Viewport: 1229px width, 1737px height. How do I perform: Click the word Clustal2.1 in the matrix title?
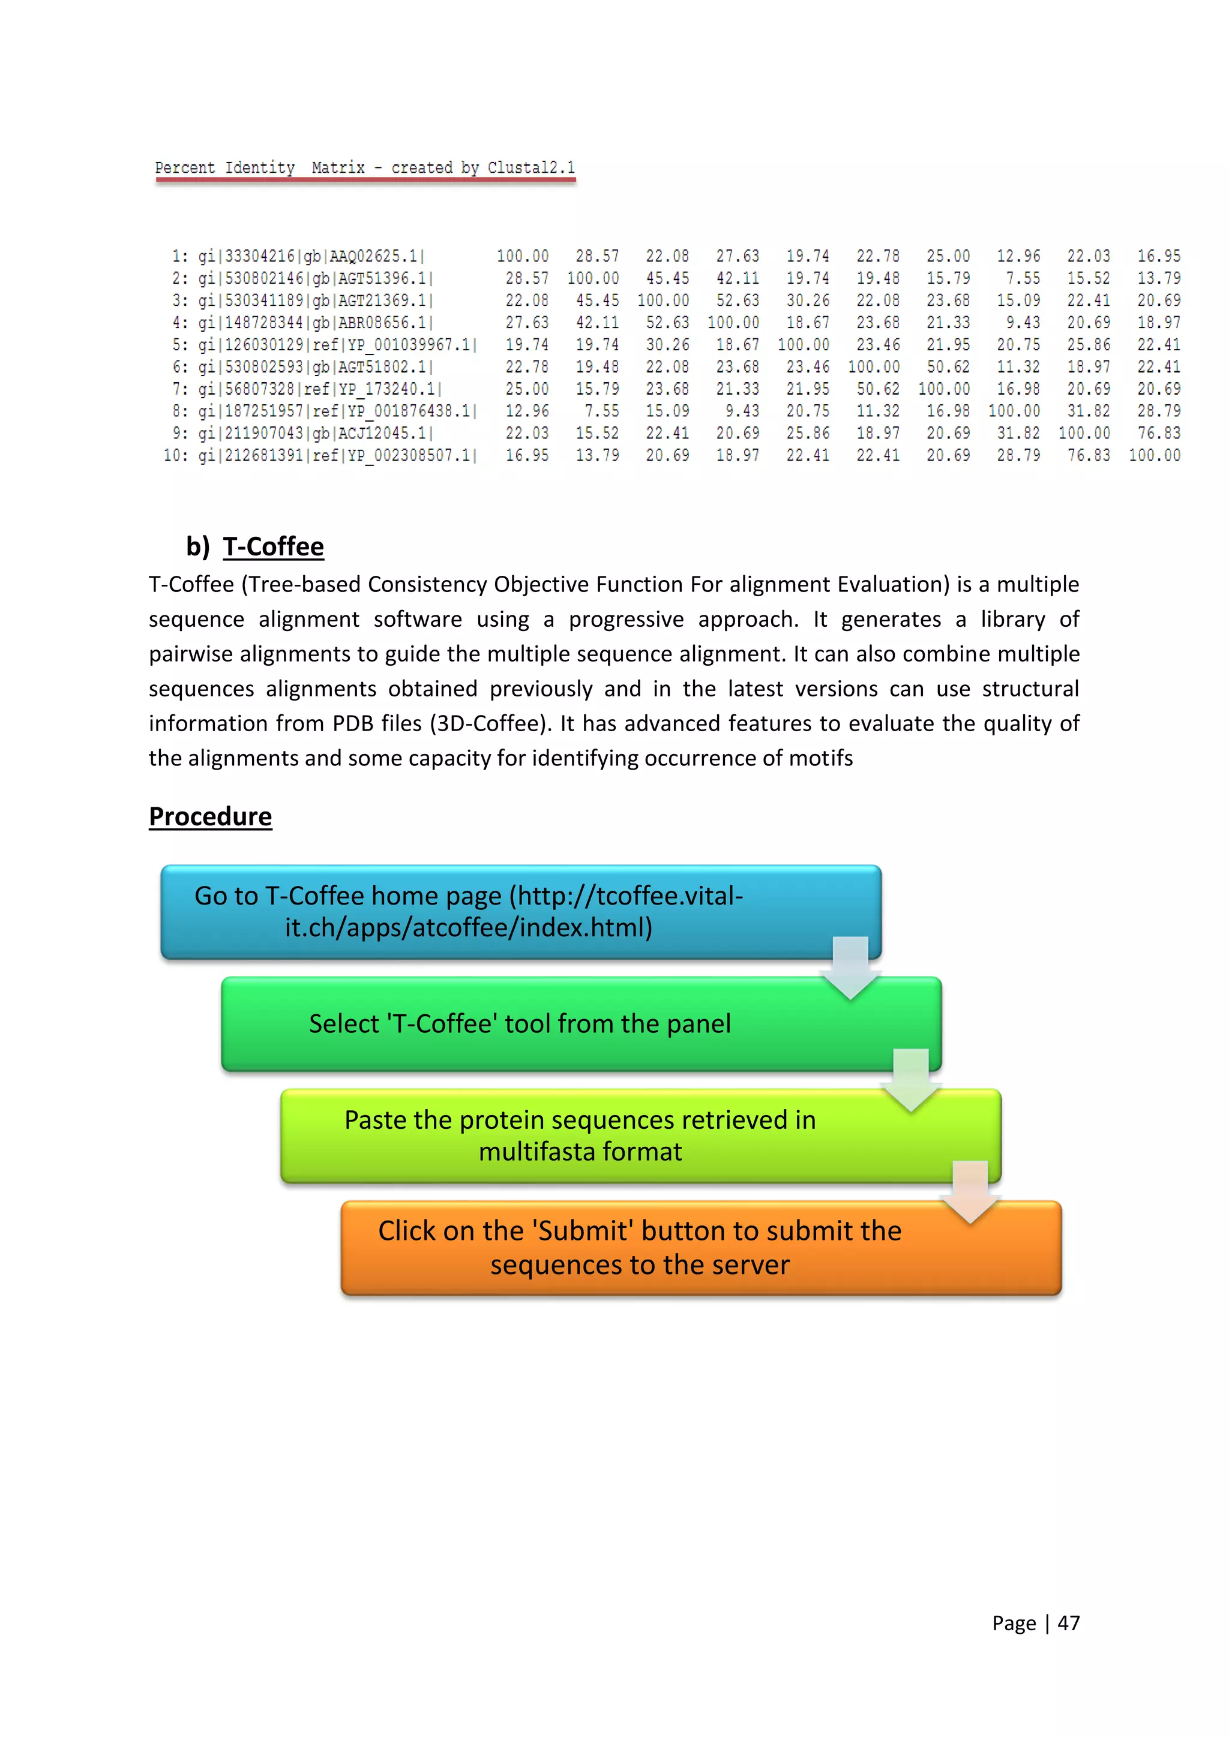(530, 167)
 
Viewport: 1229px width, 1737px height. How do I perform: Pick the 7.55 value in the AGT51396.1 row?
(1023, 278)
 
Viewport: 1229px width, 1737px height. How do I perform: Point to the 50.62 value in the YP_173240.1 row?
(878, 389)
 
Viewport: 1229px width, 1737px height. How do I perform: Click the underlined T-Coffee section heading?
(273, 546)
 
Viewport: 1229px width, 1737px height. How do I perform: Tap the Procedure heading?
(211, 816)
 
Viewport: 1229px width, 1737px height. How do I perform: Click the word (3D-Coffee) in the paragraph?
(491, 723)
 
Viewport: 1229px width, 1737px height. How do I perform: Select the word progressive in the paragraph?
(626, 619)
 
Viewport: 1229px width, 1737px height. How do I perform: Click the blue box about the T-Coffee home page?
(521, 912)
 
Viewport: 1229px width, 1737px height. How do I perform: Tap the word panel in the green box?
(698, 1024)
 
